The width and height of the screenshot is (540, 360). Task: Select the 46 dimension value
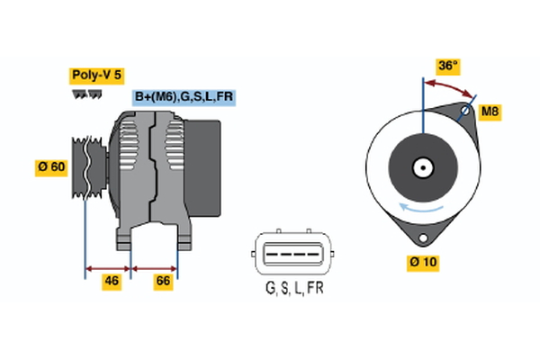[x=111, y=281]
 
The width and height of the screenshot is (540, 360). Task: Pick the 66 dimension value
[x=163, y=281]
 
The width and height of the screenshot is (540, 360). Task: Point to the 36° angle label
[x=448, y=66]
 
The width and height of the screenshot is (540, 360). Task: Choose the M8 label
[x=490, y=112]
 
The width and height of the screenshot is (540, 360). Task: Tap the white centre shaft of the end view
[x=421, y=166]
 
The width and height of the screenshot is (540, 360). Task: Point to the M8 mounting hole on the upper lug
[x=464, y=112]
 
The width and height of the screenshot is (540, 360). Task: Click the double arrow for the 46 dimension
[x=108, y=267]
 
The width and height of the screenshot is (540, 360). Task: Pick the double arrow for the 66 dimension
[x=155, y=267]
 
